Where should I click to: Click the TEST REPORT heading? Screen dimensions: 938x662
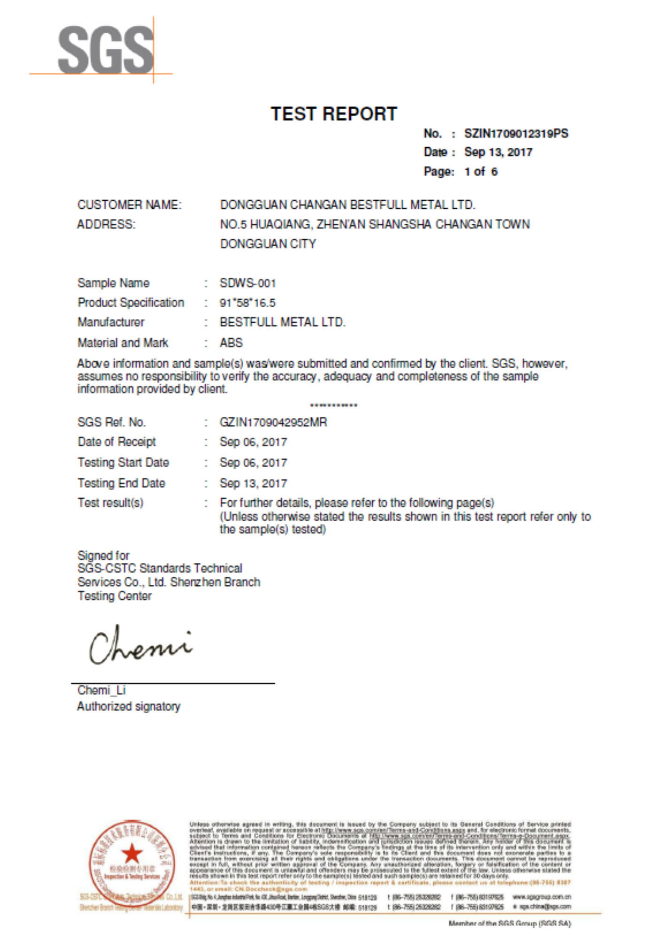333,114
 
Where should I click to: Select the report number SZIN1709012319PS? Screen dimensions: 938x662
516,134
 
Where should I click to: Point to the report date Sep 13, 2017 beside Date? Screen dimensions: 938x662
498,152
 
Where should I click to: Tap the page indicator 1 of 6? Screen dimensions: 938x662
481,172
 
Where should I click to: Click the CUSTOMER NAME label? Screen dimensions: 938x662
129,205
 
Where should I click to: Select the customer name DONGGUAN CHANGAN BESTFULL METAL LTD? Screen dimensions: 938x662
347,205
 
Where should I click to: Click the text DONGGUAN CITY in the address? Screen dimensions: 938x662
268,244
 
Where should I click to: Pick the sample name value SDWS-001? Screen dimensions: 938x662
247,283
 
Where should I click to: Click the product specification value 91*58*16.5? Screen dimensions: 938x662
247,303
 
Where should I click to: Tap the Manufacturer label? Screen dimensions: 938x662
111,322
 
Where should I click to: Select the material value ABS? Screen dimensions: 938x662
231,343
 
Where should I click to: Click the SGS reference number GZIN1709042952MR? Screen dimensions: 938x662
273,422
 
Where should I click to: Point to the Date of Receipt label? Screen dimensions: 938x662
116,442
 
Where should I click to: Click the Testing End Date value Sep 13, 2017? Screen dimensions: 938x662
253,483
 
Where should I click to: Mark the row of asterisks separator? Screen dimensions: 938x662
333,406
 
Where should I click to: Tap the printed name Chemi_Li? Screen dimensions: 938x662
101,690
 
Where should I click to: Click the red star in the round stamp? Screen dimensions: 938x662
132,853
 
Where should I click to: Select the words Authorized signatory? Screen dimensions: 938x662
129,706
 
